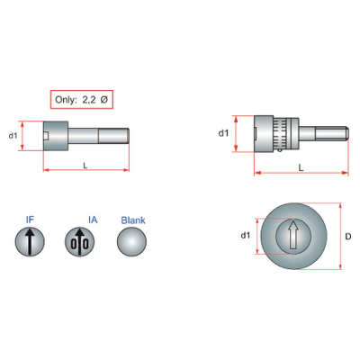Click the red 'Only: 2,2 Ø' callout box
point(82,99)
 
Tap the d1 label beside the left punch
point(13,136)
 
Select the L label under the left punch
point(85,166)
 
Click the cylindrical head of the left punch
point(56,136)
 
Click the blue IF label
point(30,220)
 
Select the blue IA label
point(93,220)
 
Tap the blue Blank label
point(133,220)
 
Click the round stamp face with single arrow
point(30,241)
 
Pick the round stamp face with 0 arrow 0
point(79,241)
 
